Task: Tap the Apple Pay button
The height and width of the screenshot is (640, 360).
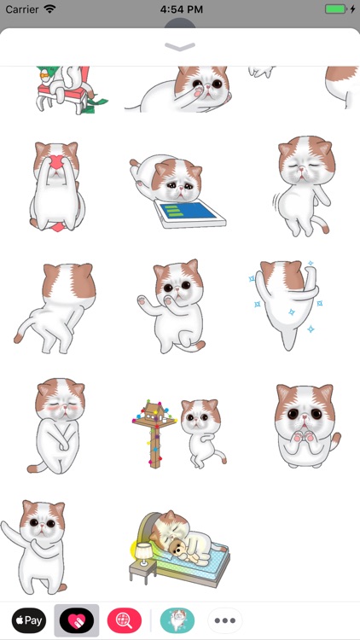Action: coord(28,620)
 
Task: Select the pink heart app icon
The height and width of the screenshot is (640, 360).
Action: coord(77,620)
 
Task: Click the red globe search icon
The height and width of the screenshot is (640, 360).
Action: coord(125,620)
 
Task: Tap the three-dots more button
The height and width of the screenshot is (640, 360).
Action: coord(225,620)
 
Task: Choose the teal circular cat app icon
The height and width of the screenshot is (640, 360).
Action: coord(177,620)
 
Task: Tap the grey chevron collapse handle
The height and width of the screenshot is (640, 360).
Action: coord(180,47)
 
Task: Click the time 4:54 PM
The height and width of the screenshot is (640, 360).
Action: coord(180,9)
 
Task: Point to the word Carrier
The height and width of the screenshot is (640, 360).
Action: coord(21,9)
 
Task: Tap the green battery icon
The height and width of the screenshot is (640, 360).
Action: coord(336,9)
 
